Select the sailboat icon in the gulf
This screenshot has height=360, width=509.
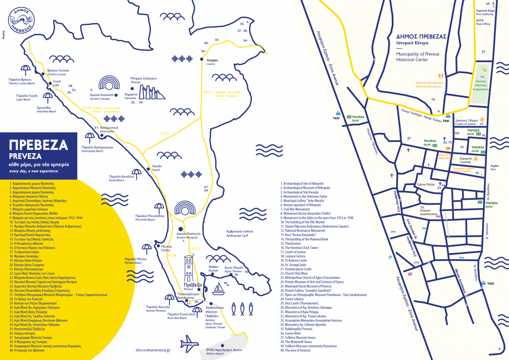coord(219,288)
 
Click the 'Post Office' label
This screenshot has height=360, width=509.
coord(483,24)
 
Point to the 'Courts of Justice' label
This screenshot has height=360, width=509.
coord(465,124)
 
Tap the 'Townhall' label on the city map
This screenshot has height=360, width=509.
coord(466,162)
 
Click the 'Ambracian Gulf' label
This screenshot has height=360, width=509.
coord(239,235)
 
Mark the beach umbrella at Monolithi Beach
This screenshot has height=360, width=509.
coord(159,207)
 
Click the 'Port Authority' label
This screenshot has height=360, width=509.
coord(485,14)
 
